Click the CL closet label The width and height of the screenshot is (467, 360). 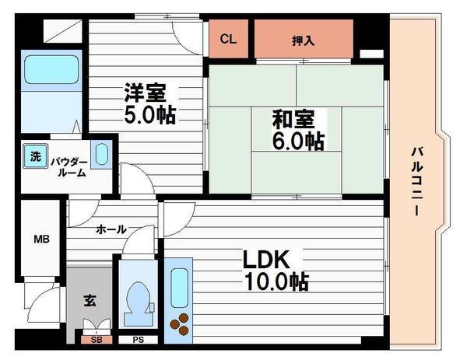(x=228, y=39)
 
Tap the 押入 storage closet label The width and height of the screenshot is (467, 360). (x=303, y=40)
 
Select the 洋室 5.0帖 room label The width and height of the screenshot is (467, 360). (x=149, y=104)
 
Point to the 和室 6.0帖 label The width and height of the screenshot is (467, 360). (x=298, y=130)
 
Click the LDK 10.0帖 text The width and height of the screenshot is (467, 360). (x=276, y=270)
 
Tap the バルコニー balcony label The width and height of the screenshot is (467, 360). (x=417, y=181)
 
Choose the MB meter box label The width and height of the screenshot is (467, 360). (x=41, y=239)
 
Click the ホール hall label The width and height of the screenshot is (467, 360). (x=111, y=229)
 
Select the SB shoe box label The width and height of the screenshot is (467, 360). (x=97, y=340)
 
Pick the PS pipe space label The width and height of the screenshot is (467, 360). (x=139, y=340)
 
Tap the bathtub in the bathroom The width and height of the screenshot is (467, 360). (x=51, y=69)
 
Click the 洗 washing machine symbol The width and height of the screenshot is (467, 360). (x=36, y=156)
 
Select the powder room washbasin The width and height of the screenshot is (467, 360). (x=101, y=155)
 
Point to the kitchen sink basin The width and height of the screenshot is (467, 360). (x=179, y=288)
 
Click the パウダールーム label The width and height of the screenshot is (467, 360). (x=69, y=167)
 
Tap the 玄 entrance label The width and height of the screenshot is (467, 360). (x=90, y=300)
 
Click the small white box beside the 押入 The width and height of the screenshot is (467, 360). (x=371, y=54)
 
